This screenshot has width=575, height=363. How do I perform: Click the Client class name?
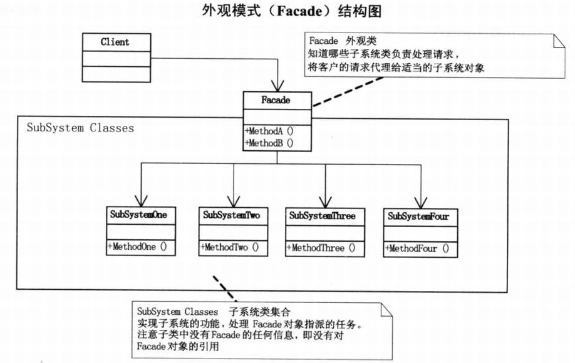coord(115,43)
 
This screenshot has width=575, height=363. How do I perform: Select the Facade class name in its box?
coord(276,100)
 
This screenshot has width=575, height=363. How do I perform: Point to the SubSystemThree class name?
coord(322,215)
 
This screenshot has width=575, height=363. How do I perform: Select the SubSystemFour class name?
coord(418,216)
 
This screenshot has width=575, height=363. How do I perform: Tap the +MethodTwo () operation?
coord(230,247)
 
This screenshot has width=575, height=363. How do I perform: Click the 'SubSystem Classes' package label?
coord(80,128)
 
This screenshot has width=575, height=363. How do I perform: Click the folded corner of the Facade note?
coord(557,41)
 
